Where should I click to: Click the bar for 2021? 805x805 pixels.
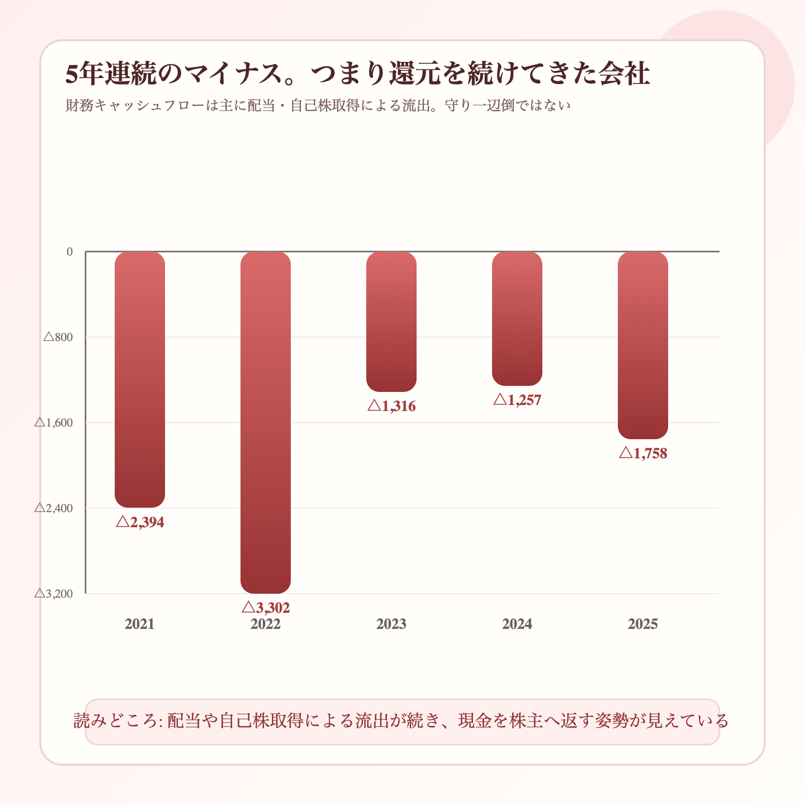pyautogui.click(x=140, y=379)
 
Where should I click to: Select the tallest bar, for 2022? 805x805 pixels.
pyautogui.click(x=266, y=422)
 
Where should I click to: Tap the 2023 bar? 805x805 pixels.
pyautogui.click(x=391, y=321)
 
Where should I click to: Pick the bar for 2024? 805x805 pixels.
pyautogui.click(x=517, y=318)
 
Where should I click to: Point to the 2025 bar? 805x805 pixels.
pyautogui.click(x=643, y=345)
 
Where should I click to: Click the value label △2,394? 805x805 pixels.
pyautogui.click(x=140, y=522)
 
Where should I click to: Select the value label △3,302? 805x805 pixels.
pyautogui.click(x=266, y=608)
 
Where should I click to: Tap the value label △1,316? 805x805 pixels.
pyautogui.click(x=391, y=406)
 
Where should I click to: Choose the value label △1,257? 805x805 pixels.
pyautogui.click(x=517, y=400)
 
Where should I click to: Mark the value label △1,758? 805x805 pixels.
pyautogui.click(x=643, y=453)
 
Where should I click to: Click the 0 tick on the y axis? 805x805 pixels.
pyautogui.click(x=69, y=252)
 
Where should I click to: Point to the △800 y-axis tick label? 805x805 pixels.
pyautogui.click(x=58, y=337)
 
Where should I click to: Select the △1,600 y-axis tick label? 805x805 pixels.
pyautogui.click(x=54, y=423)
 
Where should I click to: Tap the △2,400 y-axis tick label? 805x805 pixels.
pyautogui.click(x=54, y=508)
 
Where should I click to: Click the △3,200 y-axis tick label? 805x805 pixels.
pyautogui.click(x=54, y=594)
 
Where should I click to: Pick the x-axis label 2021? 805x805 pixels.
pyautogui.click(x=140, y=624)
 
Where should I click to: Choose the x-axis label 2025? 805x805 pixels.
pyautogui.click(x=643, y=624)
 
